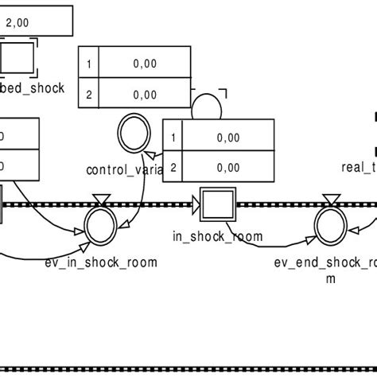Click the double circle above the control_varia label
(x=130, y=130)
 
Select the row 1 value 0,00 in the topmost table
(x=145, y=62)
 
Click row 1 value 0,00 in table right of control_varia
(x=227, y=137)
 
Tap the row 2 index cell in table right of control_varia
(x=172, y=168)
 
